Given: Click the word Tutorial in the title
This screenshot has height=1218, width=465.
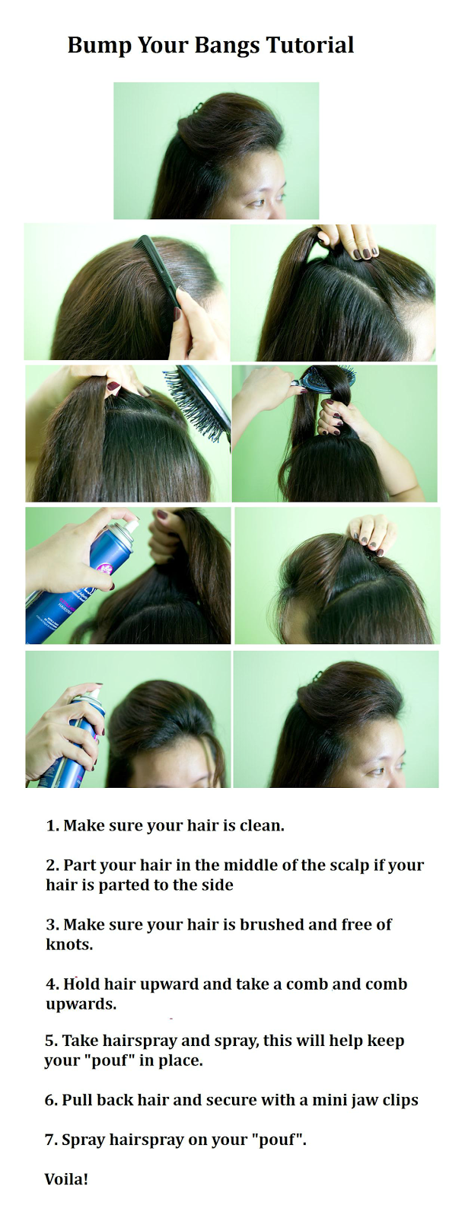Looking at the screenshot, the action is pyautogui.click(x=310, y=45).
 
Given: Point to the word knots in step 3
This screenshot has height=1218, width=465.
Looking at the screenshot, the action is pyautogui.click(x=69, y=945).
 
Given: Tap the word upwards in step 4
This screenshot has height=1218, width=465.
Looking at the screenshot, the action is pyautogui.click(x=81, y=1005).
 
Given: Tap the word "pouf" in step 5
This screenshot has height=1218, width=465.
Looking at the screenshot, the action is pyautogui.click(x=111, y=1061).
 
